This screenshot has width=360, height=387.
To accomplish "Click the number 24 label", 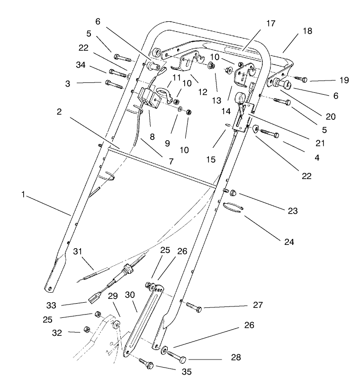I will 288,242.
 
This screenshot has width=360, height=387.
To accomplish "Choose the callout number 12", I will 203,91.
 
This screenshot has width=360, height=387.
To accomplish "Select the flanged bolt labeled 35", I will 145,363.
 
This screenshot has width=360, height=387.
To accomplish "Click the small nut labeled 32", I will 87,329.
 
